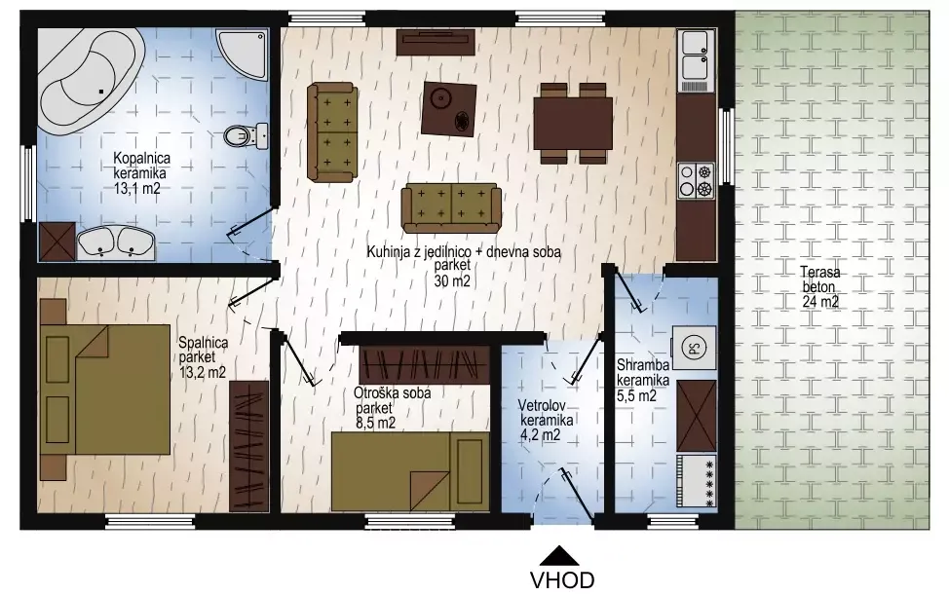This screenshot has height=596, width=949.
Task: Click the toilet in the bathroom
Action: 246,135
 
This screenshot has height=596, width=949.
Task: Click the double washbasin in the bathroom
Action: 116,243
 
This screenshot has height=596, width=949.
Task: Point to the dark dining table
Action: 573,124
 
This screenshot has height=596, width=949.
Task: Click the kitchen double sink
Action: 696,61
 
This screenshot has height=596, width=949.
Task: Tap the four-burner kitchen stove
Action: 696,181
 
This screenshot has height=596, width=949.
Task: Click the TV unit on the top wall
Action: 436,42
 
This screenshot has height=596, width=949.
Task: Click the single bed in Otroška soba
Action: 410,470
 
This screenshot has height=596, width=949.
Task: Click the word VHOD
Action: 562,580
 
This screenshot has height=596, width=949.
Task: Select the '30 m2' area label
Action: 452,280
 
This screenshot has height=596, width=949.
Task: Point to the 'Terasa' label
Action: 820,272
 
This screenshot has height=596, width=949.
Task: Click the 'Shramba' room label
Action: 643,365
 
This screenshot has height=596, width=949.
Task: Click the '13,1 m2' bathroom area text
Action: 137,189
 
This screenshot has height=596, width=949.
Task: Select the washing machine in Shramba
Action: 694,348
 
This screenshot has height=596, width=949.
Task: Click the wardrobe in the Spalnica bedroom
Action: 248,446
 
